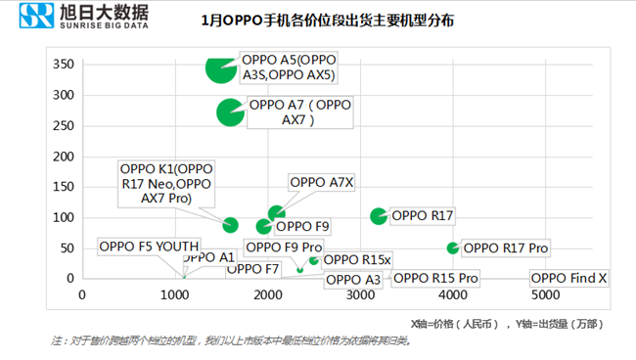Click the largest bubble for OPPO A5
tap(221, 67)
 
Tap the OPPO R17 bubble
tap(379, 215)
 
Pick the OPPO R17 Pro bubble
tap(452, 248)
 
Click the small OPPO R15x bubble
tap(314, 259)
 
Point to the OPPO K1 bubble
tap(231, 225)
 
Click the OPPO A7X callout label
tap(322, 182)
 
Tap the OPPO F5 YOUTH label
tap(149, 247)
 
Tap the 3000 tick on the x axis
tap(360, 294)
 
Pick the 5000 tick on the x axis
tap(545, 294)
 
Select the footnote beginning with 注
tap(230, 340)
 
